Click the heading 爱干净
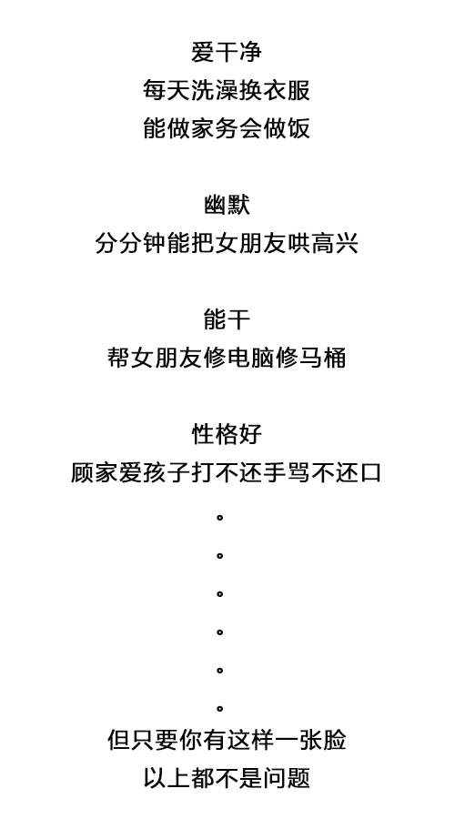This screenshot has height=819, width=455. tap(227, 52)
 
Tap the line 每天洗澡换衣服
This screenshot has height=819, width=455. tap(227, 90)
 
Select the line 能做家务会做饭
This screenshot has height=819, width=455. tap(227, 128)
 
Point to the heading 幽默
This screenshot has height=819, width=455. tap(227, 205)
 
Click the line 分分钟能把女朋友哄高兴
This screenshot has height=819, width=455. tap(227, 243)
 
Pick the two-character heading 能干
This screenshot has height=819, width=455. tap(227, 319)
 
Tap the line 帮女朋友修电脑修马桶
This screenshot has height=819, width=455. tap(227, 358)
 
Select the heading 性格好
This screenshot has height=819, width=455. tap(227, 434)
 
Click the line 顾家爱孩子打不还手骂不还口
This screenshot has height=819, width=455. tap(227, 472)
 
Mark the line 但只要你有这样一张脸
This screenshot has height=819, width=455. tap(227, 740)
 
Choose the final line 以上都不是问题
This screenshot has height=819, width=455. tap(227, 778)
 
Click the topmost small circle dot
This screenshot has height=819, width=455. tap(220, 518)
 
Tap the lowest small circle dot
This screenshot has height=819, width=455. tap(220, 709)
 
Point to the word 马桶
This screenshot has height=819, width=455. tap(322, 358)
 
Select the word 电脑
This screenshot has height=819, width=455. tap(250, 358)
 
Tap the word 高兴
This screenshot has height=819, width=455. tap(335, 243)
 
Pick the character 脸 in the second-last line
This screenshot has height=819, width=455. tap(334, 740)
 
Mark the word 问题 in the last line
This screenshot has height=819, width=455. tap(287, 778)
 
